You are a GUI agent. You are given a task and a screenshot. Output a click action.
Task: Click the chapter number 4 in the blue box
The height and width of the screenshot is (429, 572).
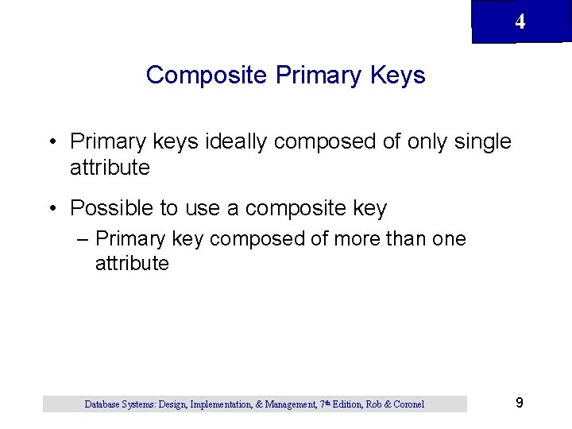pyautogui.click(x=520, y=22)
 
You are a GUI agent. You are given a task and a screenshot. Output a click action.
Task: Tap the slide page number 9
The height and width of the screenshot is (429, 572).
pyautogui.click(x=519, y=403)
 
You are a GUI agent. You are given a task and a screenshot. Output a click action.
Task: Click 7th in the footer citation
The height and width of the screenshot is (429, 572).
pyautogui.click(x=326, y=404)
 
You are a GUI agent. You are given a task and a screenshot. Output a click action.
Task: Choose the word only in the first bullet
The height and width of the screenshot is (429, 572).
pyautogui.click(x=427, y=141)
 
